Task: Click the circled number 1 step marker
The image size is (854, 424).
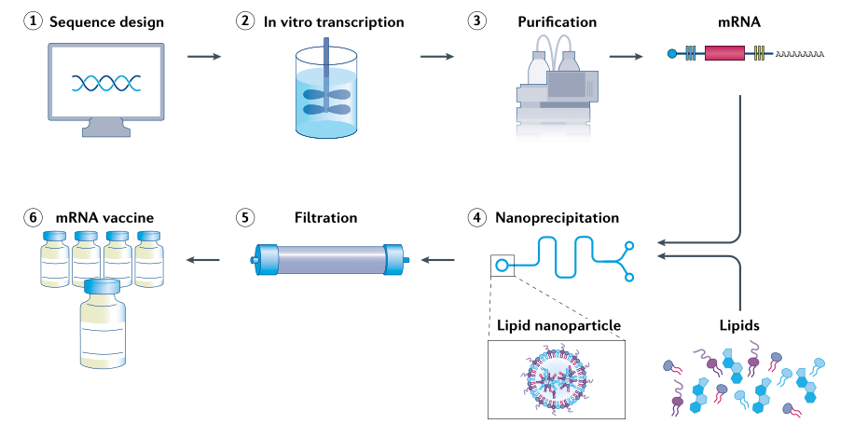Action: point(33,21)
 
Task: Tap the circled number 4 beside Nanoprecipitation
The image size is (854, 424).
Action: point(477,218)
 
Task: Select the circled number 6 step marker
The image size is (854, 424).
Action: point(33,218)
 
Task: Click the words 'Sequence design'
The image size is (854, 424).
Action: point(106,22)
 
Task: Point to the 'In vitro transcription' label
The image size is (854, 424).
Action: point(334,22)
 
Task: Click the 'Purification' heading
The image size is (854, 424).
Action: point(558,22)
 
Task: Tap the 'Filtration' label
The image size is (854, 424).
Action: point(326,218)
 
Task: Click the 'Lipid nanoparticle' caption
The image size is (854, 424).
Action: point(558,325)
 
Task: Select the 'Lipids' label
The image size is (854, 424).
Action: point(739,325)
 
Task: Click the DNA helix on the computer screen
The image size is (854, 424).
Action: point(106,83)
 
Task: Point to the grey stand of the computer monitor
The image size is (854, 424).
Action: point(106,129)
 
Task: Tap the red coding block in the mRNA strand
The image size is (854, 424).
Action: point(724,53)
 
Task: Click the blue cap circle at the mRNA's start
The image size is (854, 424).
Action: point(672,53)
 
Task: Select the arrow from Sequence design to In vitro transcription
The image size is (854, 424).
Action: point(204,56)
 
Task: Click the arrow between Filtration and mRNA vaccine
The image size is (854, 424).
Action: point(203,260)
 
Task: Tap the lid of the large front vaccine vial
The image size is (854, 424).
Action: point(103,286)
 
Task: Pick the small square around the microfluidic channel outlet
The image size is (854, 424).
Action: point(502,266)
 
